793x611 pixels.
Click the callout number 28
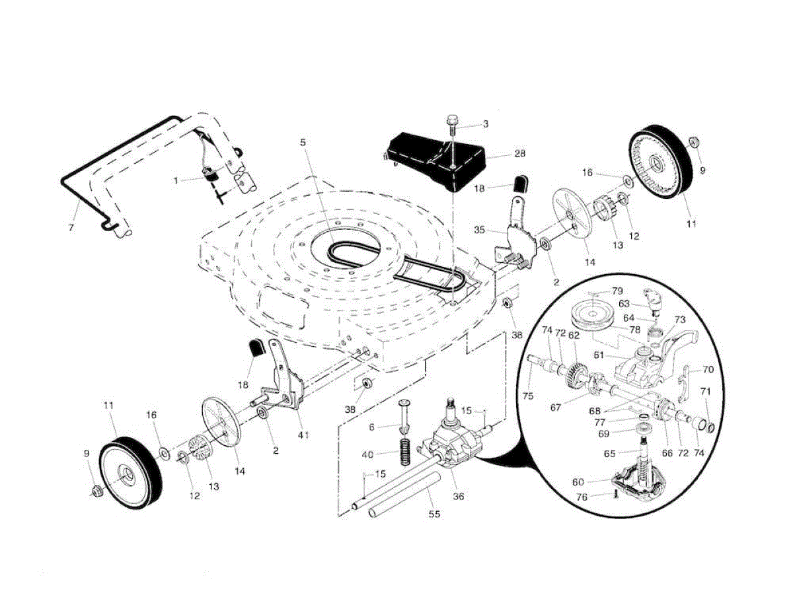[x=519, y=154]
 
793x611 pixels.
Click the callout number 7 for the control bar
[x=71, y=227]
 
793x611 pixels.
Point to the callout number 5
[x=303, y=142]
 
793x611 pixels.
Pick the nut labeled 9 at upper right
[x=694, y=142]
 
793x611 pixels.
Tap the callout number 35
[x=480, y=231]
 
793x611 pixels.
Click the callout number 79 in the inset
[x=617, y=291]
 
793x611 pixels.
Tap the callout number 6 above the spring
[x=372, y=428]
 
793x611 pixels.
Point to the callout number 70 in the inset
[x=708, y=370]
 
